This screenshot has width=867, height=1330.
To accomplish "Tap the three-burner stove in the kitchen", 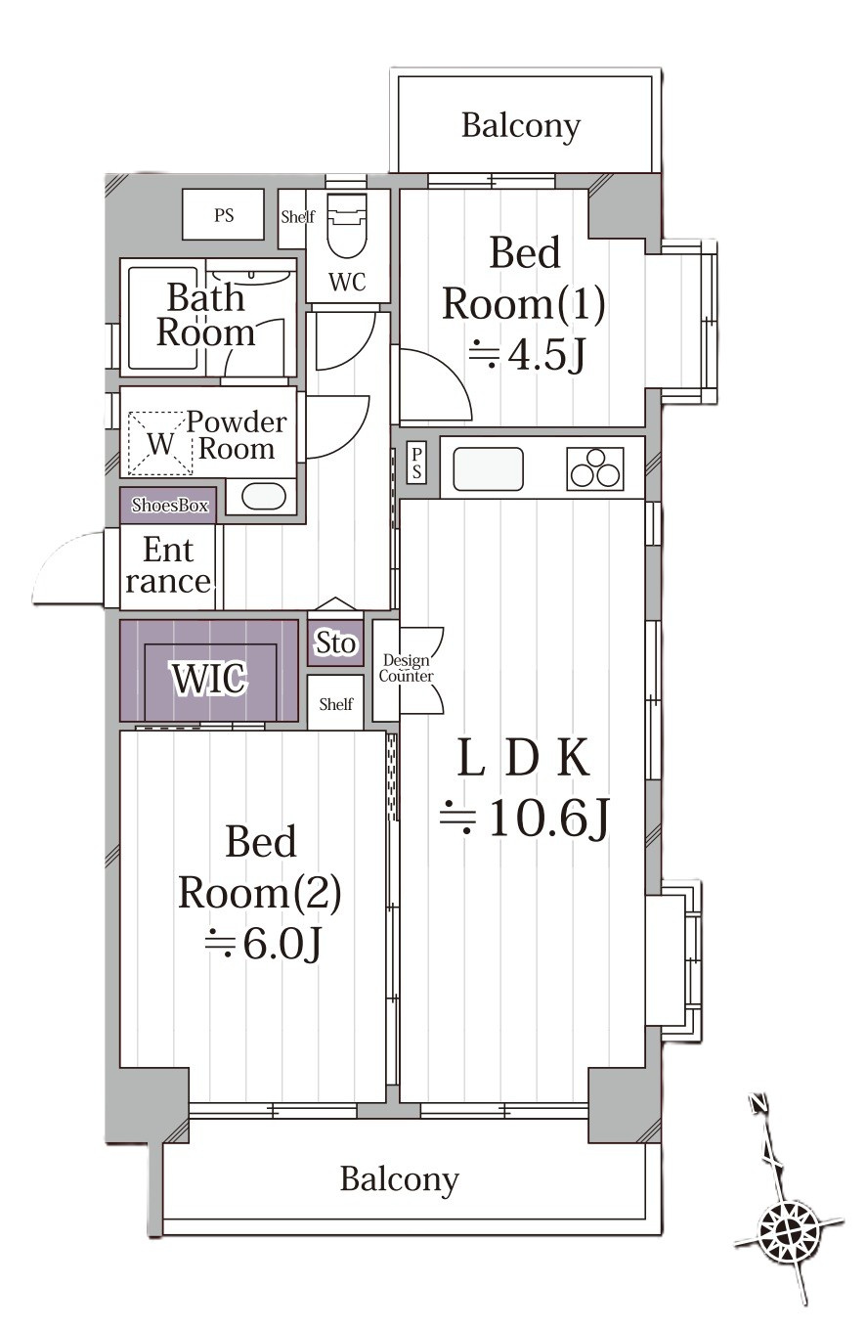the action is (x=594, y=468).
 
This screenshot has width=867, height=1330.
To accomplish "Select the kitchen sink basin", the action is (x=488, y=468).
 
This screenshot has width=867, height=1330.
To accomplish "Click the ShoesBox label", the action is (x=170, y=506).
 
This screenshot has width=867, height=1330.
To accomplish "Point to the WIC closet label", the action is (x=209, y=678).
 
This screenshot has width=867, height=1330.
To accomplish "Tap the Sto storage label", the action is (x=335, y=643).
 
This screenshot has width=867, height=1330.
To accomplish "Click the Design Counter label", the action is (x=406, y=668).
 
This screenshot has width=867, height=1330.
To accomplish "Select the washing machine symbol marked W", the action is (x=160, y=444).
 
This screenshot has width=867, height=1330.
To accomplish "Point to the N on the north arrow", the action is (x=758, y=1103).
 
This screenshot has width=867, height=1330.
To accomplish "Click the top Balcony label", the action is (x=520, y=126).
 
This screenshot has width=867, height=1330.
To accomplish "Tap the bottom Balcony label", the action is (x=400, y=1179).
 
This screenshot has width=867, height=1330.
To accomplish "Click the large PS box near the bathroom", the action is (x=223, y=214).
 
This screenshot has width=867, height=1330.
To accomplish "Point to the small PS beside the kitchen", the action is (x=416, y=464).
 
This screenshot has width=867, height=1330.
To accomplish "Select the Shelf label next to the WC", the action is (x=298, y=217).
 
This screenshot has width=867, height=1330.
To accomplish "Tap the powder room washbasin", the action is (x=264, y=497).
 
